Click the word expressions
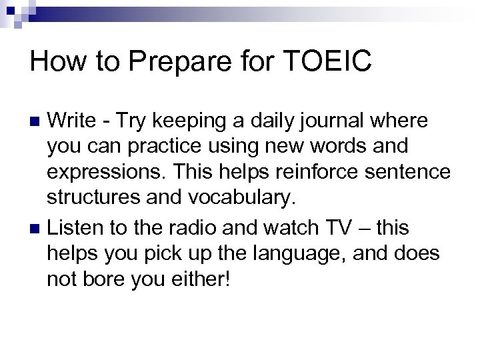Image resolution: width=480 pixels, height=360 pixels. click(97, 175)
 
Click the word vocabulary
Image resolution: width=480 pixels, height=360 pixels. click(222, 201)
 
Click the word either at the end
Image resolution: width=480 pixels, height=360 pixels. click(199, 280)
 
